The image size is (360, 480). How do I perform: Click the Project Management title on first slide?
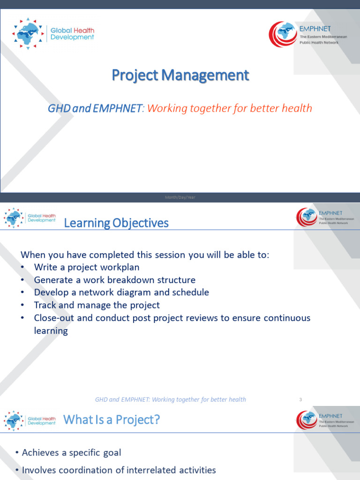[x=180, y=75]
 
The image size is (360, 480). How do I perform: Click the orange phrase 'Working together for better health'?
[x=230, y=108]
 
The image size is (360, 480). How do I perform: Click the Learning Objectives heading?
[x=116, y=223]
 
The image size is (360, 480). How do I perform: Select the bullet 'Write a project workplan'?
[x=87, y=267]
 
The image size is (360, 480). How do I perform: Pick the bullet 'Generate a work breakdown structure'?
[x=114, y=280]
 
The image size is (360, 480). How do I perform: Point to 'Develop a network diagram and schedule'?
[x=121, y=292]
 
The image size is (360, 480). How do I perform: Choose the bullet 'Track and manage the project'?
[x=97, y=305]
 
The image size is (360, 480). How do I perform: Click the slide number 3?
[x=300, y=399]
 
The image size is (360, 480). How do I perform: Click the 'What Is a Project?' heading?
[x=111, y=420]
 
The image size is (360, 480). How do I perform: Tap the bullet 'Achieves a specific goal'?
[x=71, y=452]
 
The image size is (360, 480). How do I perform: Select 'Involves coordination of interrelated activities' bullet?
[x=119, y=470]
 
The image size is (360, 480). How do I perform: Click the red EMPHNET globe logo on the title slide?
[x=283, y=35]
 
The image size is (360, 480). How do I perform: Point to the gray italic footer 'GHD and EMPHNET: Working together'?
[x=170, y=399]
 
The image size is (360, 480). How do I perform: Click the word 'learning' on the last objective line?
[x=51, y=330]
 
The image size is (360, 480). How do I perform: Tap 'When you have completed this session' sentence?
[x=145, y=255]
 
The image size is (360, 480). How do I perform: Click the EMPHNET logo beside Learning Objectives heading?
[x=307, y=217]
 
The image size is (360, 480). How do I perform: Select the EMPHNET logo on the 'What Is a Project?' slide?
[x=307, y=420]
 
